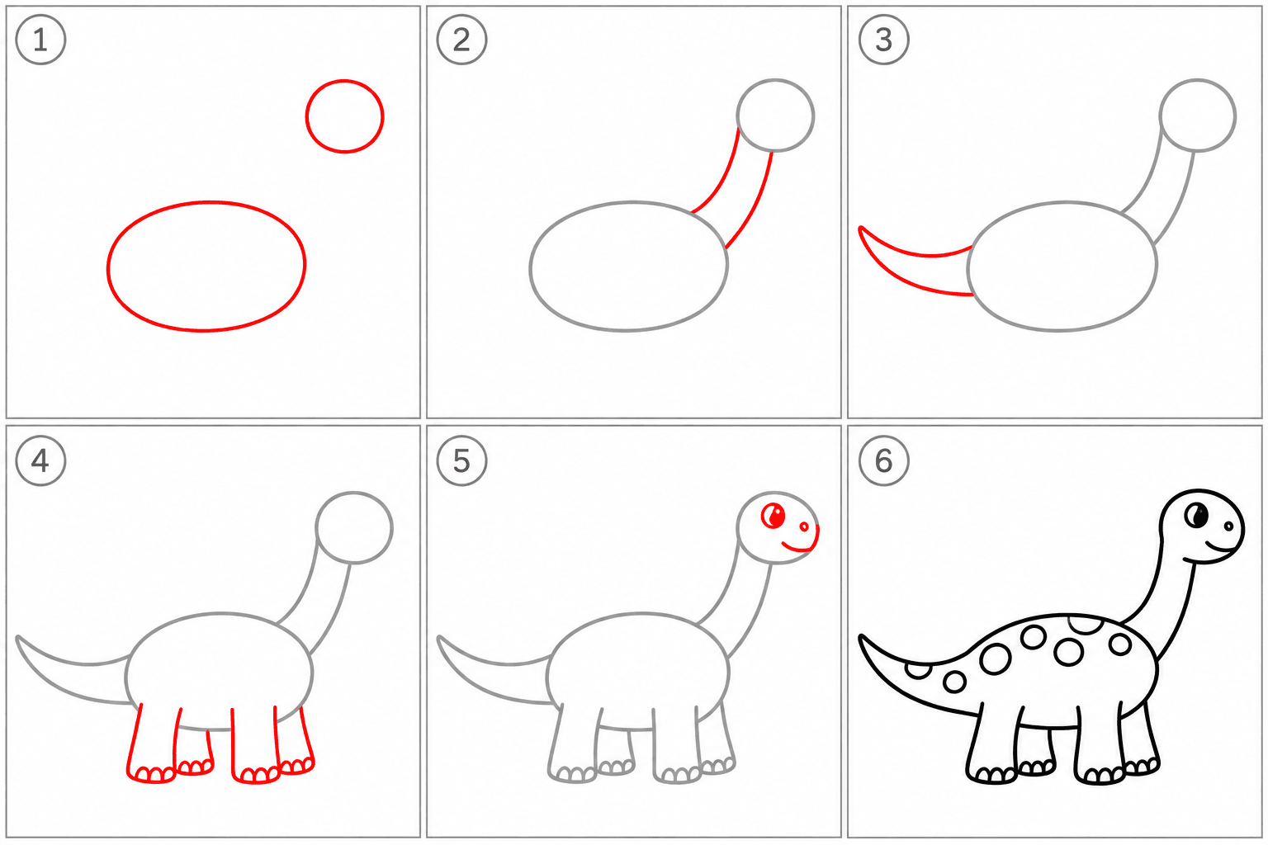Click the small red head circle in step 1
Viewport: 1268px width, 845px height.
click(x=345, y=80)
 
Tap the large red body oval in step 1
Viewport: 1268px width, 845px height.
click(x=206, y=201)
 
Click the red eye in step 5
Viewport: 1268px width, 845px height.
click(x=774, y=516)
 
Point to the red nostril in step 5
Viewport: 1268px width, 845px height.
click(x=804, y=527)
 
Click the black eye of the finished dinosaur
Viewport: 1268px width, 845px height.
click(x=1196, y=515)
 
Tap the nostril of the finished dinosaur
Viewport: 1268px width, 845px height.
click(x=1228, y=526)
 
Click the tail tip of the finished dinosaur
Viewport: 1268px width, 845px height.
click(x=862, y=637)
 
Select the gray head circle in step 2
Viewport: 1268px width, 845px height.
click(x=775, y=80)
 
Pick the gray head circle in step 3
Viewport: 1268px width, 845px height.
click(x=1197, y=80)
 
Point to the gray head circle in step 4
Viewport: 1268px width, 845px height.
click(x=354, y=493)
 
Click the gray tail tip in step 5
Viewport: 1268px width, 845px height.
click(x=440, y=639)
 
